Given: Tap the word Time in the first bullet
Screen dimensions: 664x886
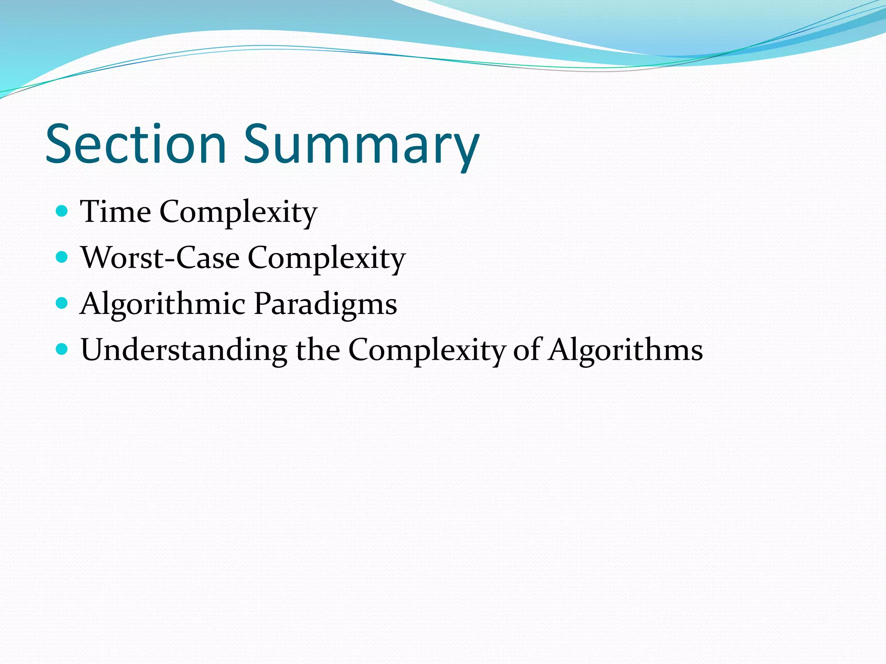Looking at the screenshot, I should [116, 212].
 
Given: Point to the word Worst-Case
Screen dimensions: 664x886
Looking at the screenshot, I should [160, 258].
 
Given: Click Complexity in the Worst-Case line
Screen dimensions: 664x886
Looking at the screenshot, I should [327, 259].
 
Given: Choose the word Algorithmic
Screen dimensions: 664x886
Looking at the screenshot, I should [163, 304].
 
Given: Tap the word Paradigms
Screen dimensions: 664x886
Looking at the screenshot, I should [325, 304].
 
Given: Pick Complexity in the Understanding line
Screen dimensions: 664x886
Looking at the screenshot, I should [427, 350].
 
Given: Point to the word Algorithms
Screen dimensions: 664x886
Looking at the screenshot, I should [625, 350].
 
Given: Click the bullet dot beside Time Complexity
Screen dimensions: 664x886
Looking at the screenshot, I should [62, 211].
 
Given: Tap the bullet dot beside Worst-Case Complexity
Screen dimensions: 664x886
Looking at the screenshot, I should [62, 257].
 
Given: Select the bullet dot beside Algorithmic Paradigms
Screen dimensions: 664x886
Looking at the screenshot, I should [62, 303].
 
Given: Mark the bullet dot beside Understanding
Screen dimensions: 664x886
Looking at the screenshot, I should [62, 349].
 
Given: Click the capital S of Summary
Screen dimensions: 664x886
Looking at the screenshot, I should [259, 144].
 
